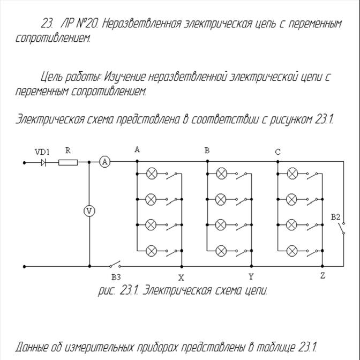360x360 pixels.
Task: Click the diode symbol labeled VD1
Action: click(43, 162)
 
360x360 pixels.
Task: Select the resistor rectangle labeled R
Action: click(68, 162)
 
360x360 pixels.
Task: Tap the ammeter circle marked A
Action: click(105, 162)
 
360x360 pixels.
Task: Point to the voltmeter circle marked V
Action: click(89, 211)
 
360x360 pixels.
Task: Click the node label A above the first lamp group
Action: click(137, 150)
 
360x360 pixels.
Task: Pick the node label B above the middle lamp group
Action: click(207, 151)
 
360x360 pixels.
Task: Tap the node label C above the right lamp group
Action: click(277, 152)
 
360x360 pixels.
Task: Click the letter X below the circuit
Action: click(181, 277)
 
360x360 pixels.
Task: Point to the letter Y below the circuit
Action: click(251, 276)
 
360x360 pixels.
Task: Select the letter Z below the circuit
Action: click(322, 276)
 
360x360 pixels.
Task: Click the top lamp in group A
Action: click(152, 174)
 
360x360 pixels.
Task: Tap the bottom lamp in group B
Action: click(222, 251)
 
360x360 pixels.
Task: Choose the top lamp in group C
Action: click(292, 174)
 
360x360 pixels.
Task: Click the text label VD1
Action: click(42, 152)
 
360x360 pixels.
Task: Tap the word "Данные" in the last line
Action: click(33, 346)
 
